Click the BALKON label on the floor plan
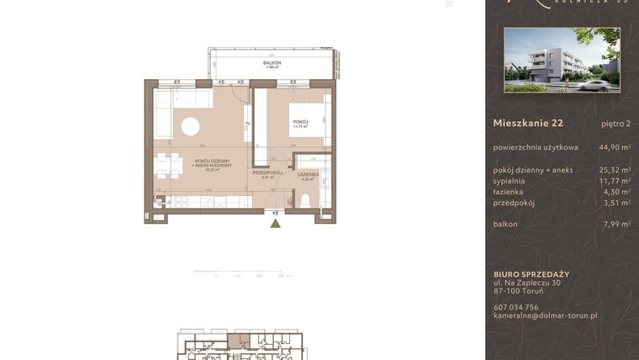271,64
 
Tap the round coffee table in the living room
191,126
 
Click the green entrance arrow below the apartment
275,222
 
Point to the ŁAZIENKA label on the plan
307,175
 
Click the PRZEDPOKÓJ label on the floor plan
268,172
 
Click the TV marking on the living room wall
247,126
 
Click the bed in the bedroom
307,124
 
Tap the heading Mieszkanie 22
528,123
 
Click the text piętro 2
615,124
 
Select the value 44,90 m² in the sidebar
614,147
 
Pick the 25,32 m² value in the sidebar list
614,170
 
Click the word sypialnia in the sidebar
509,181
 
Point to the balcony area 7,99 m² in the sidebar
614,225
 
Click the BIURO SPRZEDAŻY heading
531,274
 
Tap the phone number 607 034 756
516,307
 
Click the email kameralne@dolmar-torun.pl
545,315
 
